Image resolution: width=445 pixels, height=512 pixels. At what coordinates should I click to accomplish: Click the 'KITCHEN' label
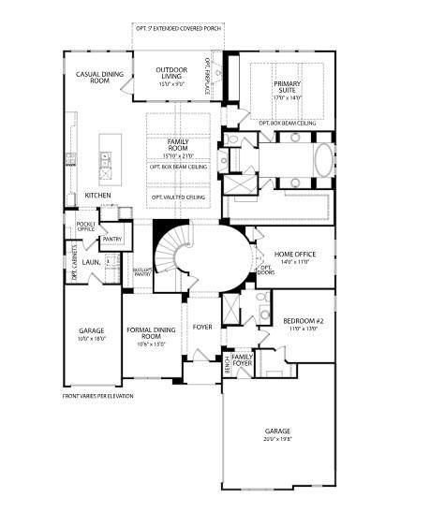click(x=97, y=195)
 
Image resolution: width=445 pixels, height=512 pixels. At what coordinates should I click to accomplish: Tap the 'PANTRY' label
click(x=112, y=239)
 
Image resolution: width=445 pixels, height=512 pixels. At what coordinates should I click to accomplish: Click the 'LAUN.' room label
click(x=91, y=263)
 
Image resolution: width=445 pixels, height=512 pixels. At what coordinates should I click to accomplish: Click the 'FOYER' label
click(x=201, y=327)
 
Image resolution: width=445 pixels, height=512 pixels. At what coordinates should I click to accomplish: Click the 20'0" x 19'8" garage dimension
click(x=271, y=438)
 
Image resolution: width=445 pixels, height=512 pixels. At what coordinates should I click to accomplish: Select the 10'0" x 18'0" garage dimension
click(x=91, y=339)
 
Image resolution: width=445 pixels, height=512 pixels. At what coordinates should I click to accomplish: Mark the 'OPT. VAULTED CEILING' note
click(x=178, y=197)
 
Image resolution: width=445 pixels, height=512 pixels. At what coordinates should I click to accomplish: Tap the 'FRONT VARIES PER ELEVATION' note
click(x=98, y=396)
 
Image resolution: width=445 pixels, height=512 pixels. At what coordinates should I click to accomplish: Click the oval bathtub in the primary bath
click(x=320, y=160)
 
